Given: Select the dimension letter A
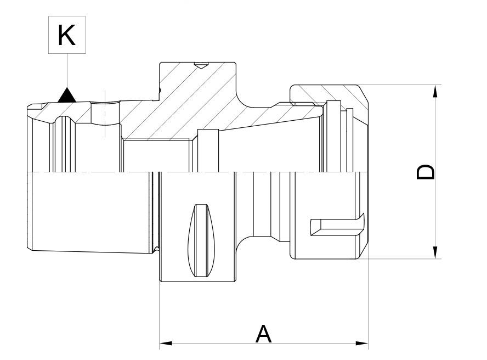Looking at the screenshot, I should coord(264,334).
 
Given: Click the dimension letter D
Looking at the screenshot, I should coord(426,172).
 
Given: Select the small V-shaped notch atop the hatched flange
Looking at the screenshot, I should coord(202,66).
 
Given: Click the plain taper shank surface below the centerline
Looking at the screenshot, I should coord(88,214).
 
